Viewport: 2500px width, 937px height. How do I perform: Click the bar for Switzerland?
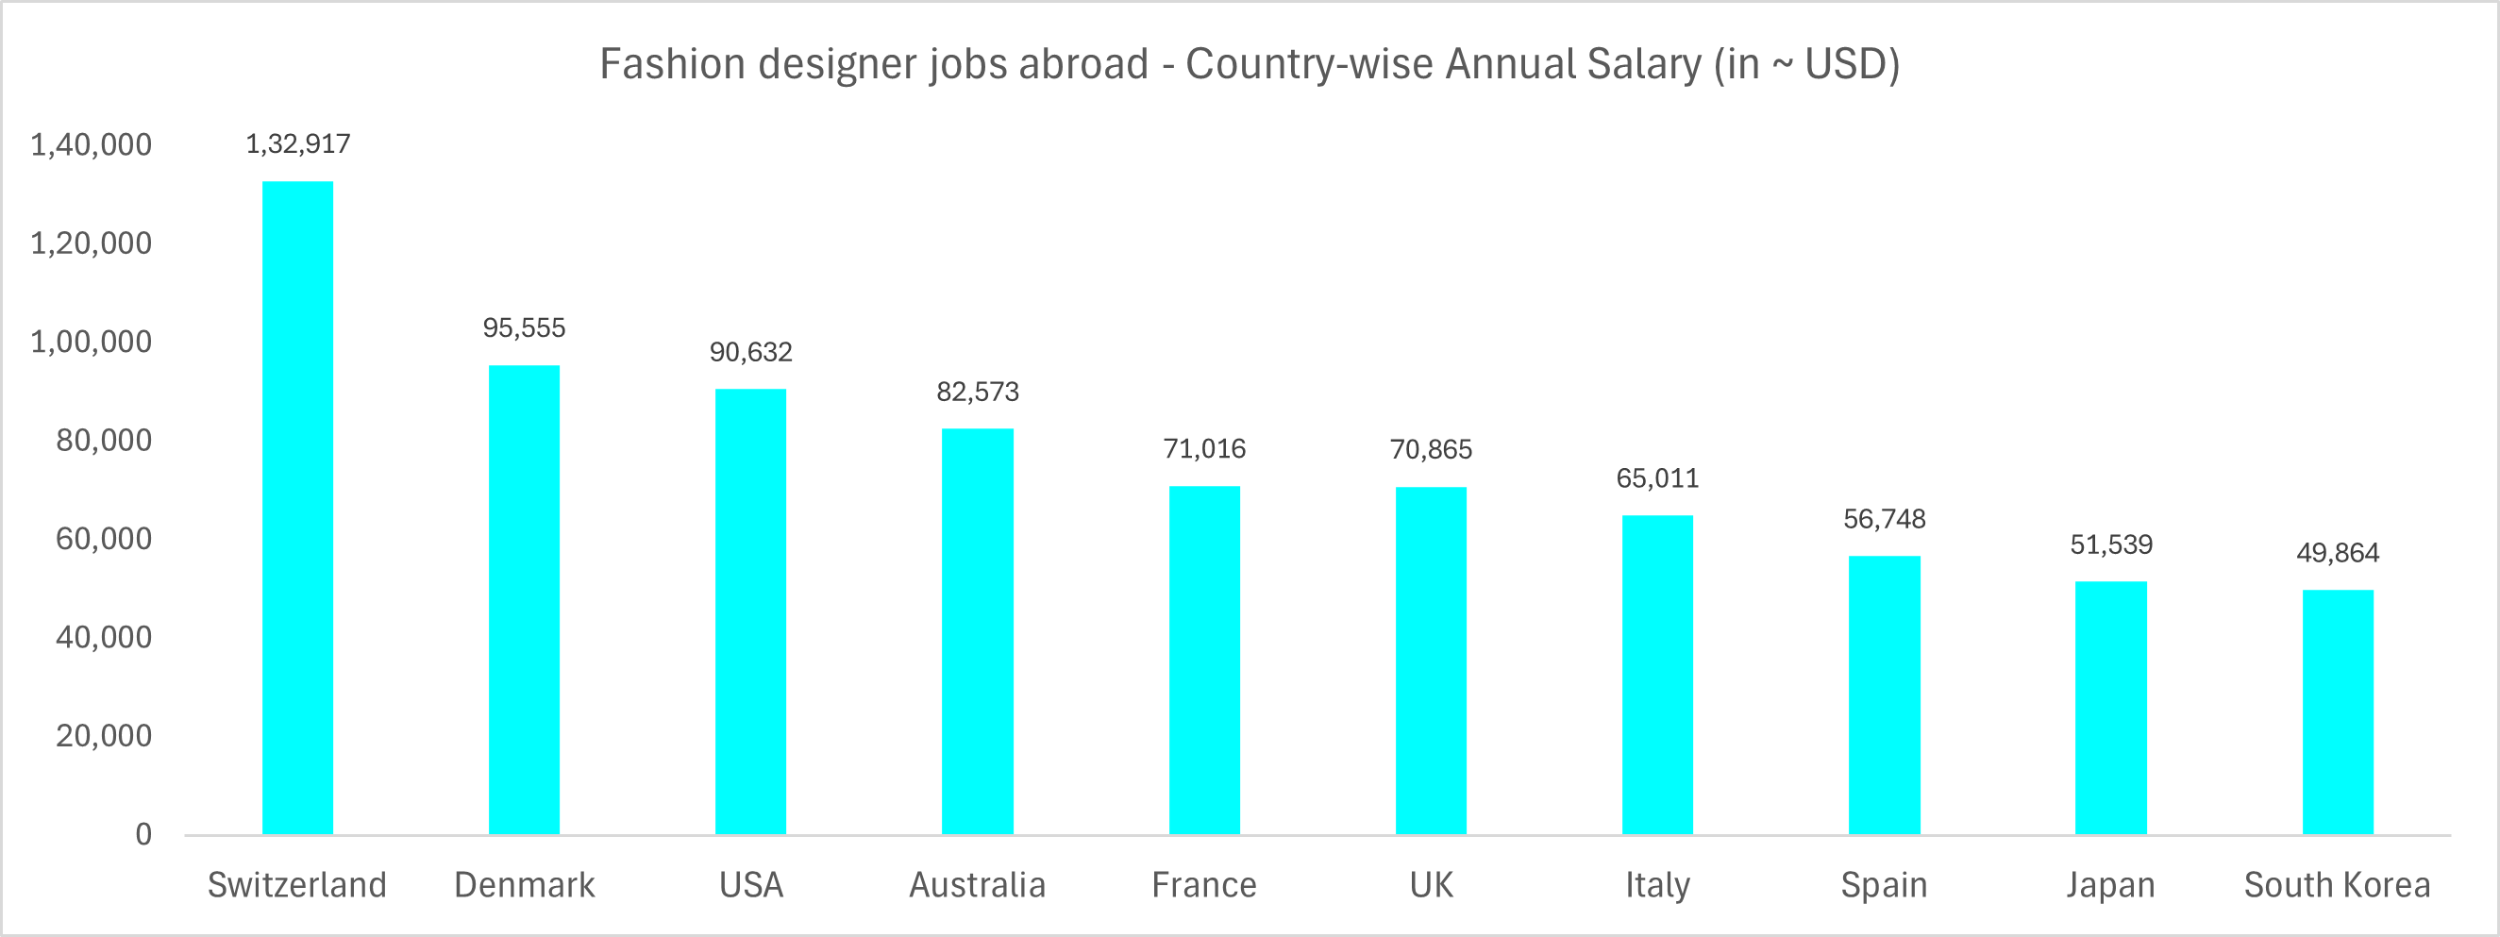298,508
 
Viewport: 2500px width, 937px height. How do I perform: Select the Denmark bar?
524,599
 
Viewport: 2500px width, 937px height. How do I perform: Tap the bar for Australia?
978,630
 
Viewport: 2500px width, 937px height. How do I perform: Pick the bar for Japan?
2111,707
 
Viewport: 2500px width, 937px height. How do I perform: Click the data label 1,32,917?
298,144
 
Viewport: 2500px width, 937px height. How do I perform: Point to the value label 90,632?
751,352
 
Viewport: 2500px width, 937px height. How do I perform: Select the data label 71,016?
1204,449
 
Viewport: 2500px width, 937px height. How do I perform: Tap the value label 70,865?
1431,450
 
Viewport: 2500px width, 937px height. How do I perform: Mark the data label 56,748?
1884,520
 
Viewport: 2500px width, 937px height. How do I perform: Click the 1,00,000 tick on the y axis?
92,343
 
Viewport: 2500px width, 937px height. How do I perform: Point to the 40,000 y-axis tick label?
104,637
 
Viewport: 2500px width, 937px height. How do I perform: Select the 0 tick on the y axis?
143,834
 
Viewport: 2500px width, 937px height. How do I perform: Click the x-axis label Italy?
1657,884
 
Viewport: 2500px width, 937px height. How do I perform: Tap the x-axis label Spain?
1884,884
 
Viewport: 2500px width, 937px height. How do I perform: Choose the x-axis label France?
1204,884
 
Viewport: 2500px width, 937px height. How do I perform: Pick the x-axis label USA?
751,884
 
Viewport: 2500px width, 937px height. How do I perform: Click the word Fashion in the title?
672,64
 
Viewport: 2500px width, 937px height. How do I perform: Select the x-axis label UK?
1431,884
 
